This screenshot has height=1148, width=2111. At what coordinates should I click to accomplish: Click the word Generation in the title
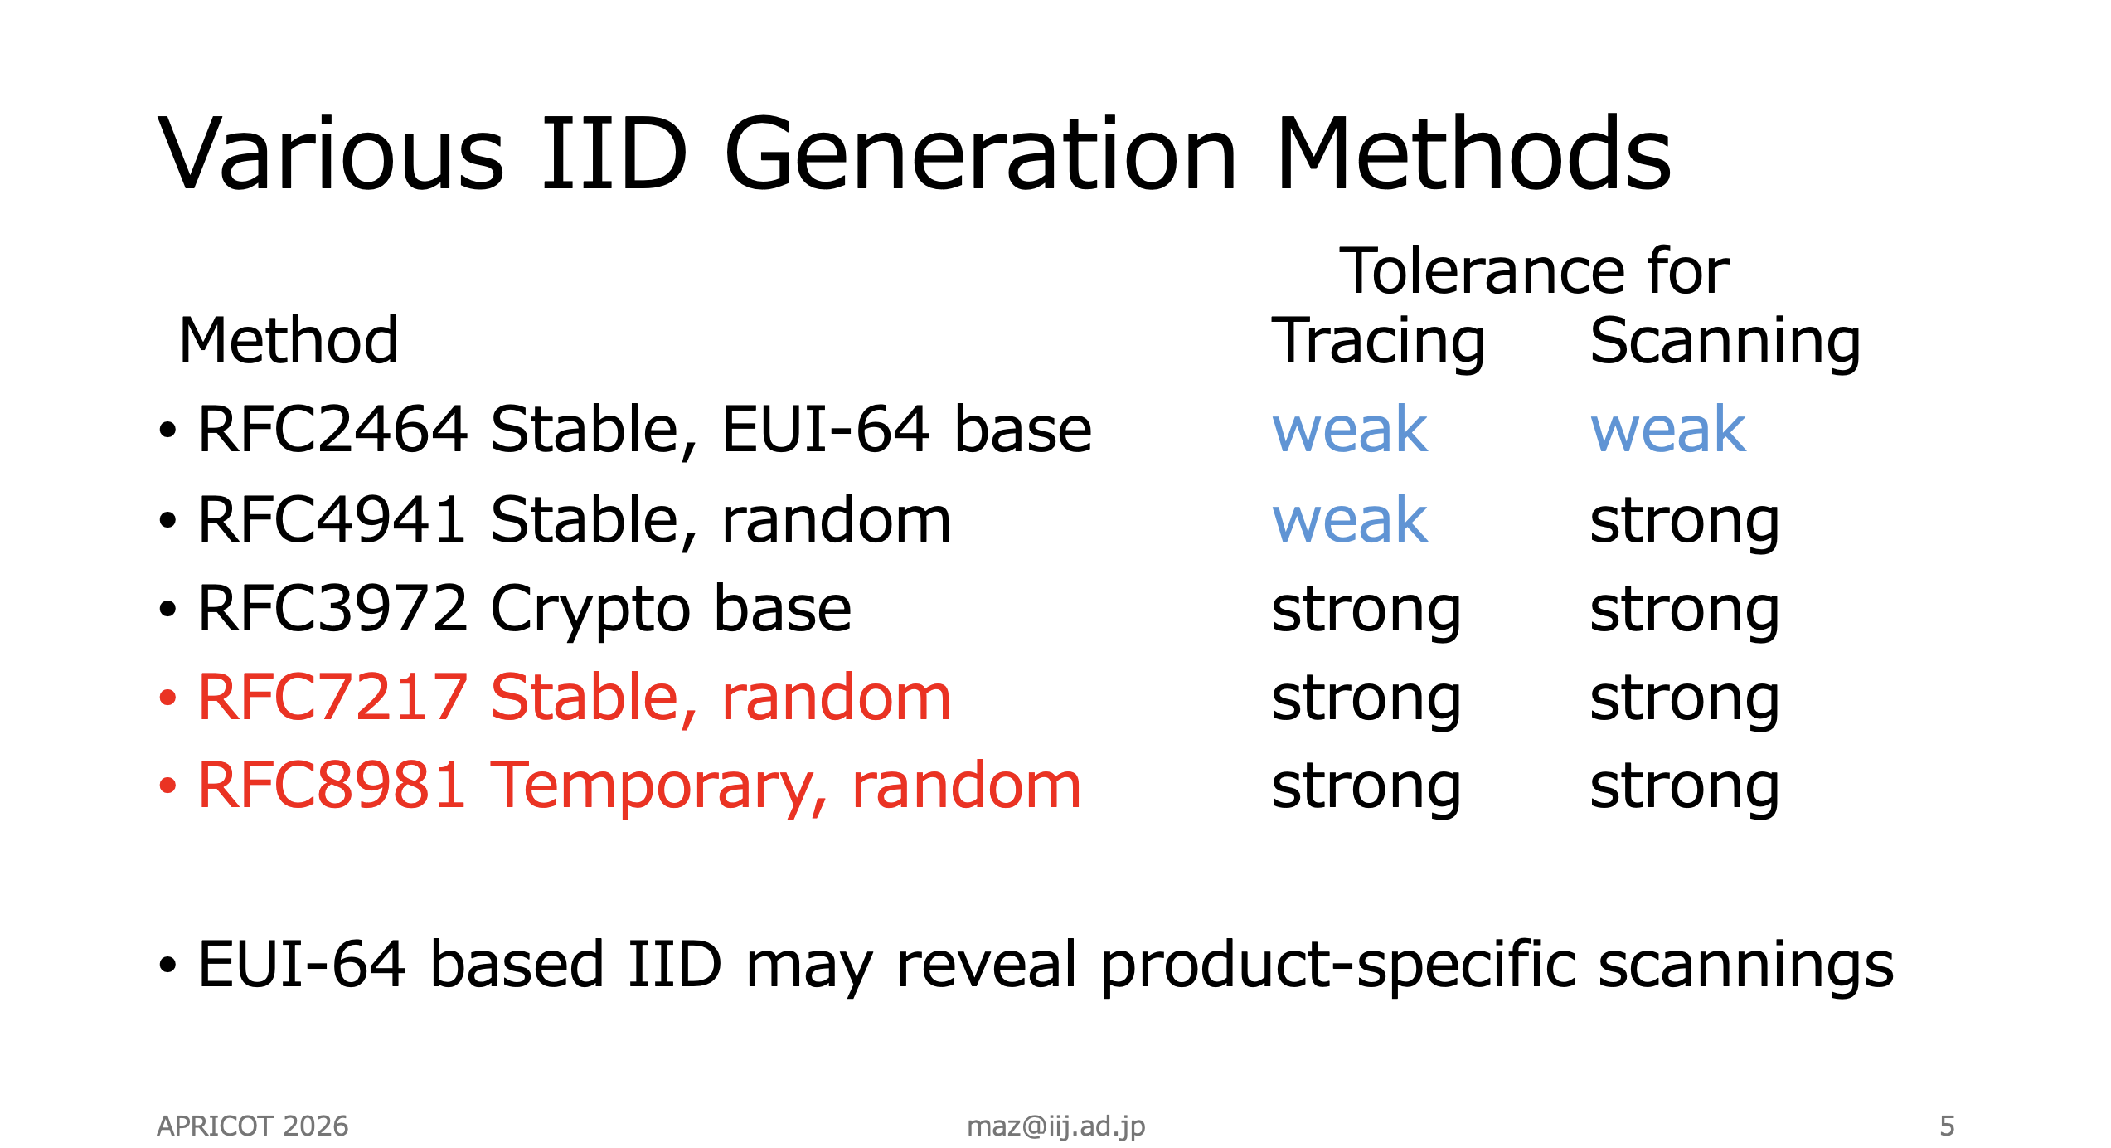click(982, 154)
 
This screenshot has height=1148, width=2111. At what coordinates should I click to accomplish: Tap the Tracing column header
click(1378, 342)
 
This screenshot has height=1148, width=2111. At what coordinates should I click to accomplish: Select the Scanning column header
click(1725, 342)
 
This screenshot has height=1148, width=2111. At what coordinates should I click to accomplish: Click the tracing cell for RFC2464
click(1350, 430)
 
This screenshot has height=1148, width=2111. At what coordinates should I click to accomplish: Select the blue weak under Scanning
click(1668, 430)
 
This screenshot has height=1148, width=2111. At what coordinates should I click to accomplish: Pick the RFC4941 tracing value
click(1350, 520)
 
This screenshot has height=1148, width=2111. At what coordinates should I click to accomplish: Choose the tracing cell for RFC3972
click(1366, 611)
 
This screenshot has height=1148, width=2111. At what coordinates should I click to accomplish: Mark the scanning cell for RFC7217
click(1685, 700)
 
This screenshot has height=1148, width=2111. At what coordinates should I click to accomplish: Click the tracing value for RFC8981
click(1366, 789)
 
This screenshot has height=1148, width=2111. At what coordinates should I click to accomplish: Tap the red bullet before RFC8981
click(167, 786)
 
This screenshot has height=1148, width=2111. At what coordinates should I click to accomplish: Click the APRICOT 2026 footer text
click(253, 1126)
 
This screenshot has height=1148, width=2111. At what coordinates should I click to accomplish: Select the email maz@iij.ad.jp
click(1056, 1127)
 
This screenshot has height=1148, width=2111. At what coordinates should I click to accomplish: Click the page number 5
click(1948, 1126)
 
